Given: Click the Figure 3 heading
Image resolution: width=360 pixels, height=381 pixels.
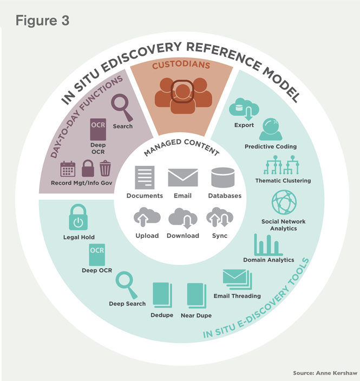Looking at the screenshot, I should coord(42,21).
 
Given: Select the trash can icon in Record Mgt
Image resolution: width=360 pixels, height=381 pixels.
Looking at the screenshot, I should coord(105,169).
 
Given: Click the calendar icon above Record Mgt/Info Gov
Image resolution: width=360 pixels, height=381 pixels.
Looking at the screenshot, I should coord(68,169).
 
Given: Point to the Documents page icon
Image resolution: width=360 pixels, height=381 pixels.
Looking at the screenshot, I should coord(145,178).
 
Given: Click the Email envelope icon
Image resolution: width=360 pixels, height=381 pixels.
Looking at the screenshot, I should coord(182,178).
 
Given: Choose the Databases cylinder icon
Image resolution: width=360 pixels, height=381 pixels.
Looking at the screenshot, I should coord(224,178).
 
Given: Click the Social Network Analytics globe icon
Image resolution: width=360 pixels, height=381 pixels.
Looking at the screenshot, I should coord(283,202).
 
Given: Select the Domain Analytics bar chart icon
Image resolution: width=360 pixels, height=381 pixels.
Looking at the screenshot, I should coord(268,245).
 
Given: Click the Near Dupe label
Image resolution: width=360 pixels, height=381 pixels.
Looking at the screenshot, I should coord(196,315).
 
